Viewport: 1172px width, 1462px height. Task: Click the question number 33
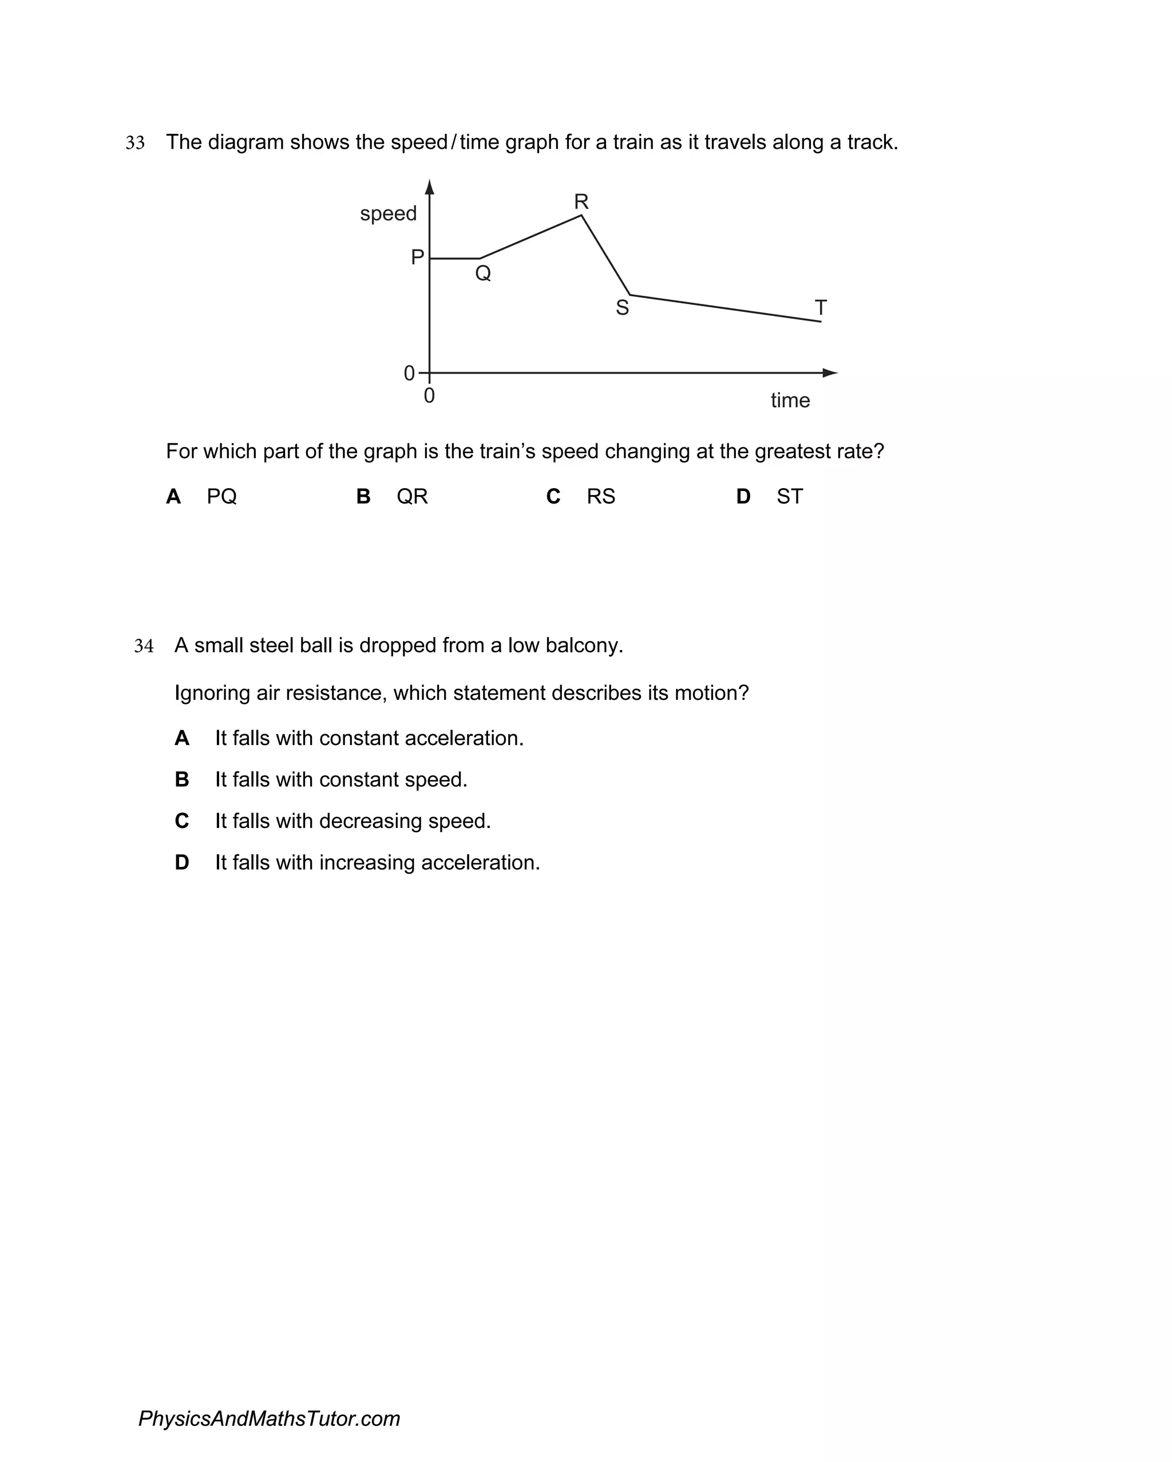click(135, 142)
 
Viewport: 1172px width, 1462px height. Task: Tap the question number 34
click(144, 645)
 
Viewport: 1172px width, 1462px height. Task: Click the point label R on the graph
click(581, 201)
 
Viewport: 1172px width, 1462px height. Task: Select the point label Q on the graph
click(483, 274)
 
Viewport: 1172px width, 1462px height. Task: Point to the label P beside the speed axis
click(417, 257)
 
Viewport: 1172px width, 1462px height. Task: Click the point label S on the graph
click(622, 308)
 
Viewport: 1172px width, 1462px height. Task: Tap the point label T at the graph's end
click(821, 308)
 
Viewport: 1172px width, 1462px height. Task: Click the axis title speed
click(388, 213)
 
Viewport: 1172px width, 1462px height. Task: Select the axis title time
click(790, 400)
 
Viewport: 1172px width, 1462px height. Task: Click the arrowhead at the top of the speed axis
click(429, 187)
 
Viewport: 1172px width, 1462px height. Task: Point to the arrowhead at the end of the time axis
click(830, 373)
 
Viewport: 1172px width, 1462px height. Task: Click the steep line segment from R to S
click(605, 256)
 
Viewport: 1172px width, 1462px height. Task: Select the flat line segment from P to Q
click(454, 259)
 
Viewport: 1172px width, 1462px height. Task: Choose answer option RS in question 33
click(600, 496)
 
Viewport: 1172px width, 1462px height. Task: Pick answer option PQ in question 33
click(222, 496)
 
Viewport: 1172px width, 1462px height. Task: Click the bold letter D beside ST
click(743, 496)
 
